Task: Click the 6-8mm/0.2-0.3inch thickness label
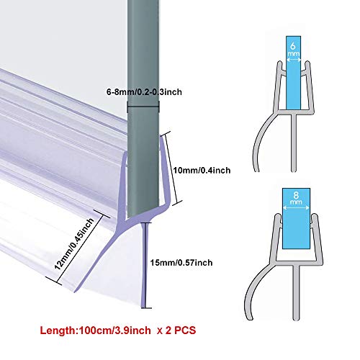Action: (144, 91)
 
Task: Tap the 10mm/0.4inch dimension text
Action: (202, 171)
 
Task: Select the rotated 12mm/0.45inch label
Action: (74, 244)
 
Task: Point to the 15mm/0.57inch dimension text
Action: (181, 263)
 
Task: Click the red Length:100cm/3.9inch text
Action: (95, 330)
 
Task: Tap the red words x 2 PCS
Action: (176, 330)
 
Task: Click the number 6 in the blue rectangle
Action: (293, 45)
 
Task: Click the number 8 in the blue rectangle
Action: (296, 195)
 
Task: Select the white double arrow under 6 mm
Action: (294, 60)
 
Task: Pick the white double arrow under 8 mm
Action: (296, 208)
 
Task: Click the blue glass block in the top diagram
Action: (294, 73)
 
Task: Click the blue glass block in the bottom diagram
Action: (296, 218)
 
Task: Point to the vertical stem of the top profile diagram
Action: (294, 143)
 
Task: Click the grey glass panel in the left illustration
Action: (143, 108)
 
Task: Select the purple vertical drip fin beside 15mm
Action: (144, 265)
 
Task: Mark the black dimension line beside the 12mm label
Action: (78, 248)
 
